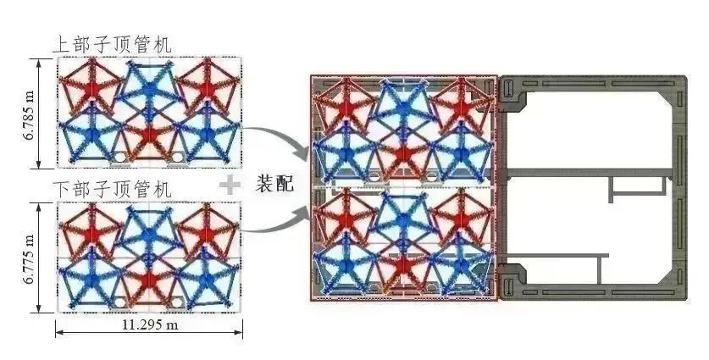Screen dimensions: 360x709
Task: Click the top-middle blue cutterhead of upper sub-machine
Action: click(150, 86)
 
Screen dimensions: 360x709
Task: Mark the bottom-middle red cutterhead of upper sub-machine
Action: click(150, 136)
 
